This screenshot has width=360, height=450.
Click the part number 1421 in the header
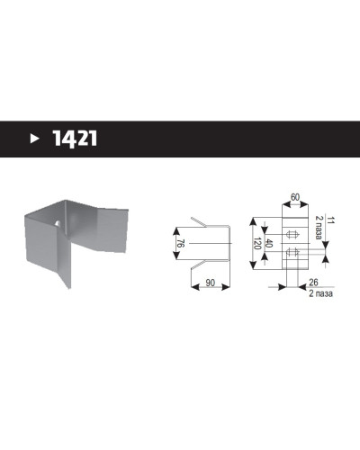coord(75,139)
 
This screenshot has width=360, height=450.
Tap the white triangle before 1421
coord(35,139)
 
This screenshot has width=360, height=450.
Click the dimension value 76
coord(181,243)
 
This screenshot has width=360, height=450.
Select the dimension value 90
coord(211,283)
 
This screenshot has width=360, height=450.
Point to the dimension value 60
coord(295,197)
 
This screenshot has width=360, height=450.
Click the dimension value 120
coord(257,243)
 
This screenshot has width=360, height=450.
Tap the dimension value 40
coord(269,244)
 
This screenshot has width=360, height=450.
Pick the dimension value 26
coord(313,283)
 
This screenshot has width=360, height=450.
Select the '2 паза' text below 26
coord(320,293)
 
